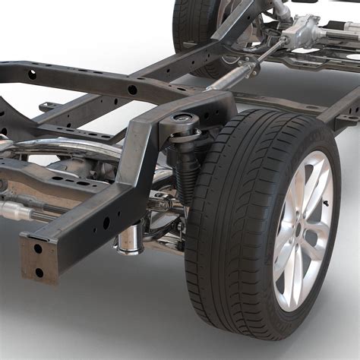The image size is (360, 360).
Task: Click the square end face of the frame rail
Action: (x=37, y=258)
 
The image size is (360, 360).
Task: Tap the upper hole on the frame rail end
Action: (x=37, y=248)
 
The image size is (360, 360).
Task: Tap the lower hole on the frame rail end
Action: (x=39, y=272)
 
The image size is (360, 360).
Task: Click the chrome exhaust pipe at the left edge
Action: (x=11, y=212)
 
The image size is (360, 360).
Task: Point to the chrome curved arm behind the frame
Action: (x=68, y=147)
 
